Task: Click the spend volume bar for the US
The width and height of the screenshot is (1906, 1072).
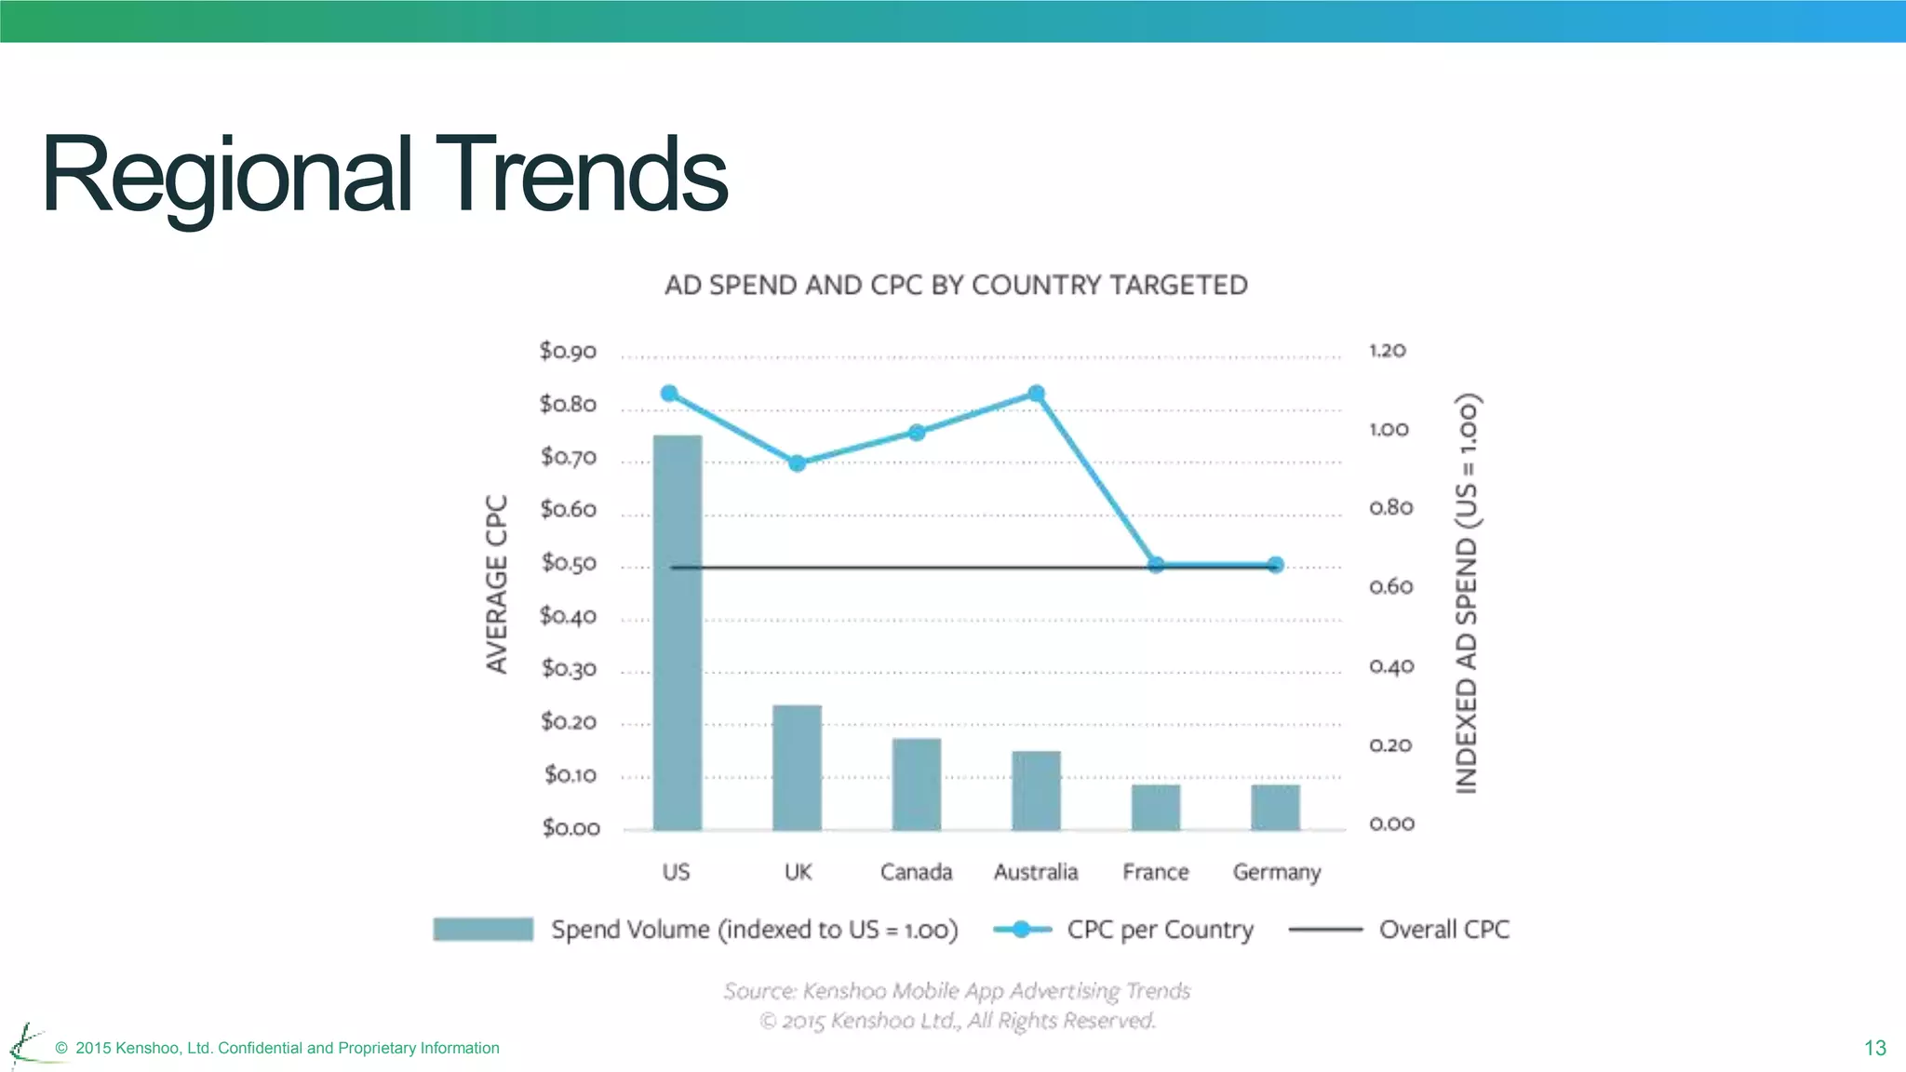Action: (x=678, y=633)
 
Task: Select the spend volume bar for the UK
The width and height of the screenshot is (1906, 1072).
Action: (x=798, y=768)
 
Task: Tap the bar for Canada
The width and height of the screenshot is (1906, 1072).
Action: (x=917, y=784)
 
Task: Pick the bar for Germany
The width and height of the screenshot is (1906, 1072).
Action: (x=1275, y=807)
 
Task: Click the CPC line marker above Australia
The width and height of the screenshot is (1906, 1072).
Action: (x=1036, y=394)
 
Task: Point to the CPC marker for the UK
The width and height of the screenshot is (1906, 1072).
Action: (x=797, y=462)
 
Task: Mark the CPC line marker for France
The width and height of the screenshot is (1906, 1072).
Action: (x=1156, y=565)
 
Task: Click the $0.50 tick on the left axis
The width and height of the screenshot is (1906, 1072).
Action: (x=569, y=563)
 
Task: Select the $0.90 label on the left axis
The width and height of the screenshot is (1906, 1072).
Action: (x=568, y=351)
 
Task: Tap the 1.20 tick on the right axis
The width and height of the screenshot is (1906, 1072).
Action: (x=1387, y=351)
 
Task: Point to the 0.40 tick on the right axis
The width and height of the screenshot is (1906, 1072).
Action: (x=1391, y=666)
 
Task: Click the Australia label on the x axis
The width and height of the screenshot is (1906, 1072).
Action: (x=1036, y=872)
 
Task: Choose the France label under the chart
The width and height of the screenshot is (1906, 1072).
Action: (x=1156, y=872)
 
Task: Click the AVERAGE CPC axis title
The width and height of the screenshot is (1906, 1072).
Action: (x=497, y=583)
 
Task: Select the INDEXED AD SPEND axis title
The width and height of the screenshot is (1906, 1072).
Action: (x=1467, y=594)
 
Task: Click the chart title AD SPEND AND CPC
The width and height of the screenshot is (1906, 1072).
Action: (x=956, y=285)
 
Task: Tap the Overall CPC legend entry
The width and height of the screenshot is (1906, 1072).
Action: (x=1443, y=930)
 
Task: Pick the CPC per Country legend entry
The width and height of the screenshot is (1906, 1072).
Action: (x=1160, y=930)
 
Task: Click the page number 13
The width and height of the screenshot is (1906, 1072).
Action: (x=1874, y=1048)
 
